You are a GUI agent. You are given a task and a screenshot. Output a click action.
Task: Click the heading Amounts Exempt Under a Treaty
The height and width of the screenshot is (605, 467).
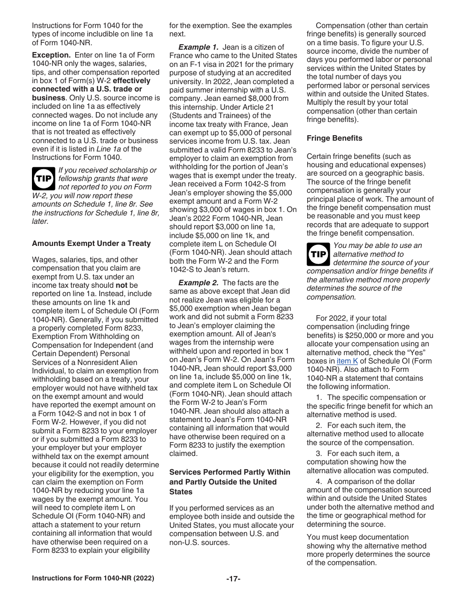pos(91,243)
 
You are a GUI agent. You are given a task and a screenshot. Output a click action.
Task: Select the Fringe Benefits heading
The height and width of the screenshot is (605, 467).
pos(334,138)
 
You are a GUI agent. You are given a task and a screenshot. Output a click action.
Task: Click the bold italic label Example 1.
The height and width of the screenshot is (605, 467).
pos(198,47)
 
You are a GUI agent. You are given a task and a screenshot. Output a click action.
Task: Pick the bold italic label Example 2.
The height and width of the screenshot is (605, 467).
pos(198,282)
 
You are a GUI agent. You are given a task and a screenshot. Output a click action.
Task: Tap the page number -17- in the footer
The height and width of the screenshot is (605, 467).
pos(233,578)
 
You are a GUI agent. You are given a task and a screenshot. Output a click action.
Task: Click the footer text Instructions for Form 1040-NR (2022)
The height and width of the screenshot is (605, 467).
pos(93,578)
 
